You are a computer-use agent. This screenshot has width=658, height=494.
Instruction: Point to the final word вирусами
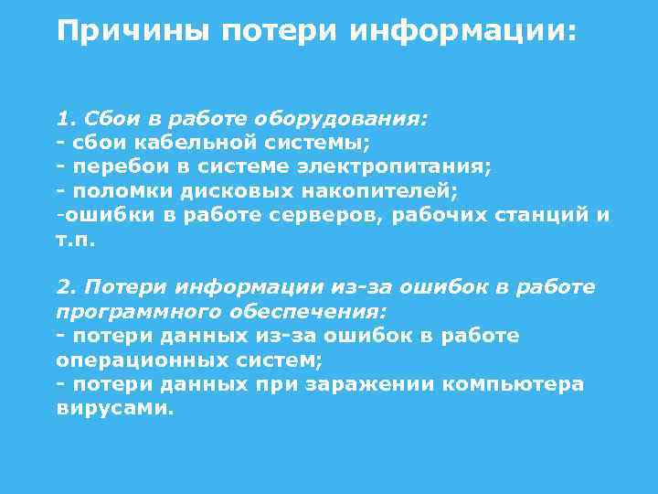pos(114,408)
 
